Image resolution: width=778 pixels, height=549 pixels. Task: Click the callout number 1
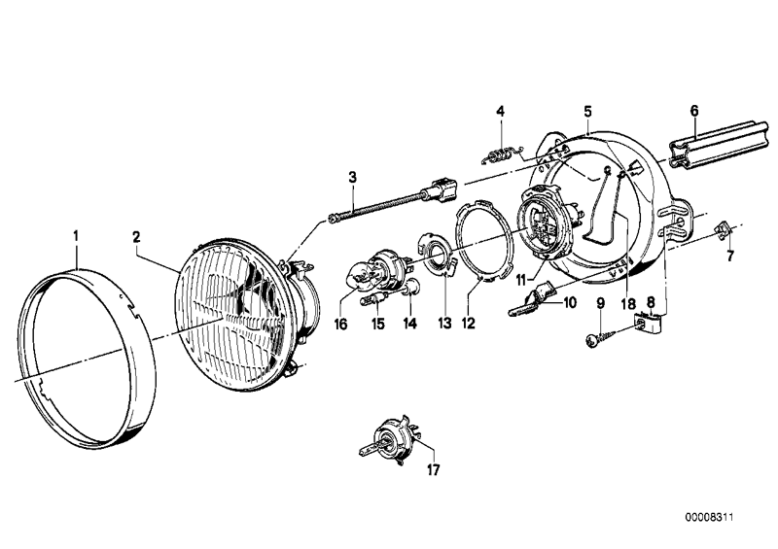76,235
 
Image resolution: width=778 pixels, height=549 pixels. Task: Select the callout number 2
137,235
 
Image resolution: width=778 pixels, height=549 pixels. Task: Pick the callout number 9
600,303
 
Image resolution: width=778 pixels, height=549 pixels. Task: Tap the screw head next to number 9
592,338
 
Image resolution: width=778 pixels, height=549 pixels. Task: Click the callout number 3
353,178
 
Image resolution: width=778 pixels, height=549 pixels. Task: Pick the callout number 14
410,323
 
